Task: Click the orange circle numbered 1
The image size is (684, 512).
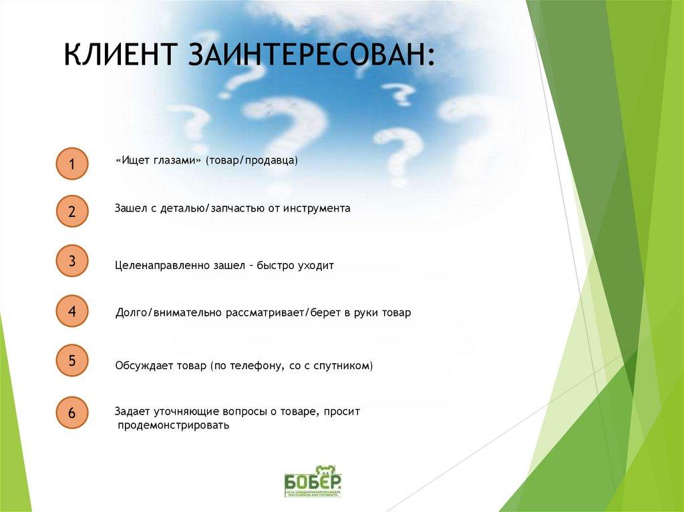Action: pos(71,164)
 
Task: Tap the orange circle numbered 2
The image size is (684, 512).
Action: pos(71,212)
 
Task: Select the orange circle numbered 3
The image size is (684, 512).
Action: pos(71,262)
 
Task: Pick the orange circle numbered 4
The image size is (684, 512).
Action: pos(71,311)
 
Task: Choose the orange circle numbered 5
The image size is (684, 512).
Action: pos(71,361)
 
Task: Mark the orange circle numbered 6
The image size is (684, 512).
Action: pos(71,413)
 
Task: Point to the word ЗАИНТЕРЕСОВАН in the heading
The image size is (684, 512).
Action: pos(310,54)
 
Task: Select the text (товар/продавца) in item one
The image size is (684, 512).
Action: pos(251,162)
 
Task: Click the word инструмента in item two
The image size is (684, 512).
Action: pos(316,208)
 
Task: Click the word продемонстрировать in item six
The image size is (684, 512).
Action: pos(173,425)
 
